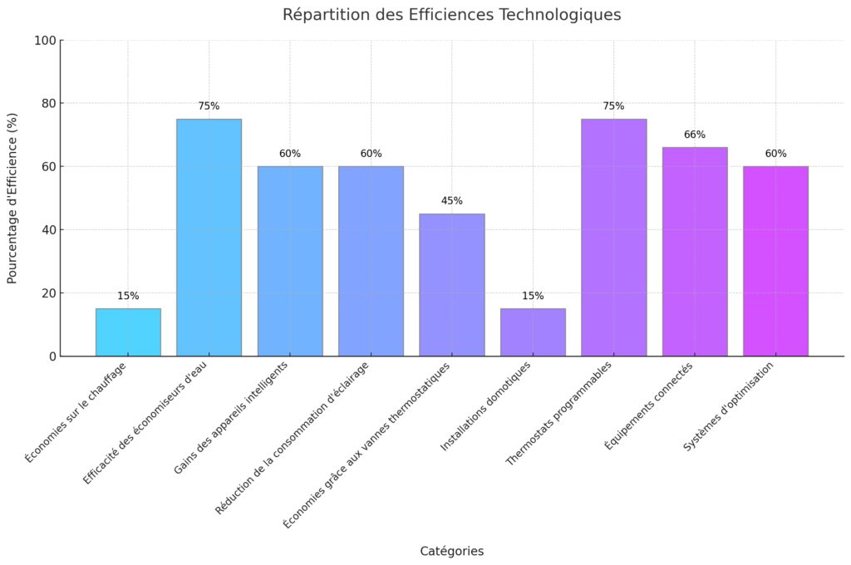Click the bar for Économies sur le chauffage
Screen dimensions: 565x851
pyautogui.click(x=128, y=332)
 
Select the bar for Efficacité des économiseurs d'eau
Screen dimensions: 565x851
pyautogui.click(x=209, y=238)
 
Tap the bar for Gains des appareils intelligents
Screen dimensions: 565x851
pyautogui.click(x=290, y=261)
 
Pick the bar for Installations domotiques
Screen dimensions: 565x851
pyautogui.click(x=533, y=332)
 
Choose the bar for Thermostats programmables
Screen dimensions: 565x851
pyautogui.click(x=614, y=238)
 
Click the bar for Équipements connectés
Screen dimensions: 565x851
pyautogui.click(x=695, y=252)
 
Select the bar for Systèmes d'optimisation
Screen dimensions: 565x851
pyautogui.click(x=775, y=261)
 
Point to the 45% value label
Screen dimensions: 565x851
pyautogui.click(x=452, y=201)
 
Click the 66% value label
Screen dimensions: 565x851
pyautogui.click(x=695, y=135)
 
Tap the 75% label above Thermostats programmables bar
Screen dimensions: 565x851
pyautogui.click(x=614, y=106)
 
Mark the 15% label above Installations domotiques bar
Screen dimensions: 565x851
pyautogui.click(x=533, y=296)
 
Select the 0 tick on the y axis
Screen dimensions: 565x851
pyautogui.click(x=53, y=356)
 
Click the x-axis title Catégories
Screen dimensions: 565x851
pyautogui.click(x=451, y=551)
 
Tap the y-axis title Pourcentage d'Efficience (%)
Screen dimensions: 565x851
pyautogui.click(x=12, y=199)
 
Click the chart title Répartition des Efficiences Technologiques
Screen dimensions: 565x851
pyautogui.click(x=451, y=15)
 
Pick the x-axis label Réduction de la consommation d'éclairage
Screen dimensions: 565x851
pyautogui.click(x=293, y=437)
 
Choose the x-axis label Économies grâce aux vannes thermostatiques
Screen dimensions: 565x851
pyautogui.click(x=366, y=445)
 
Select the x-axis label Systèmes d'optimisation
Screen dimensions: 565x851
pyautogui.click(x=729, y=406)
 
